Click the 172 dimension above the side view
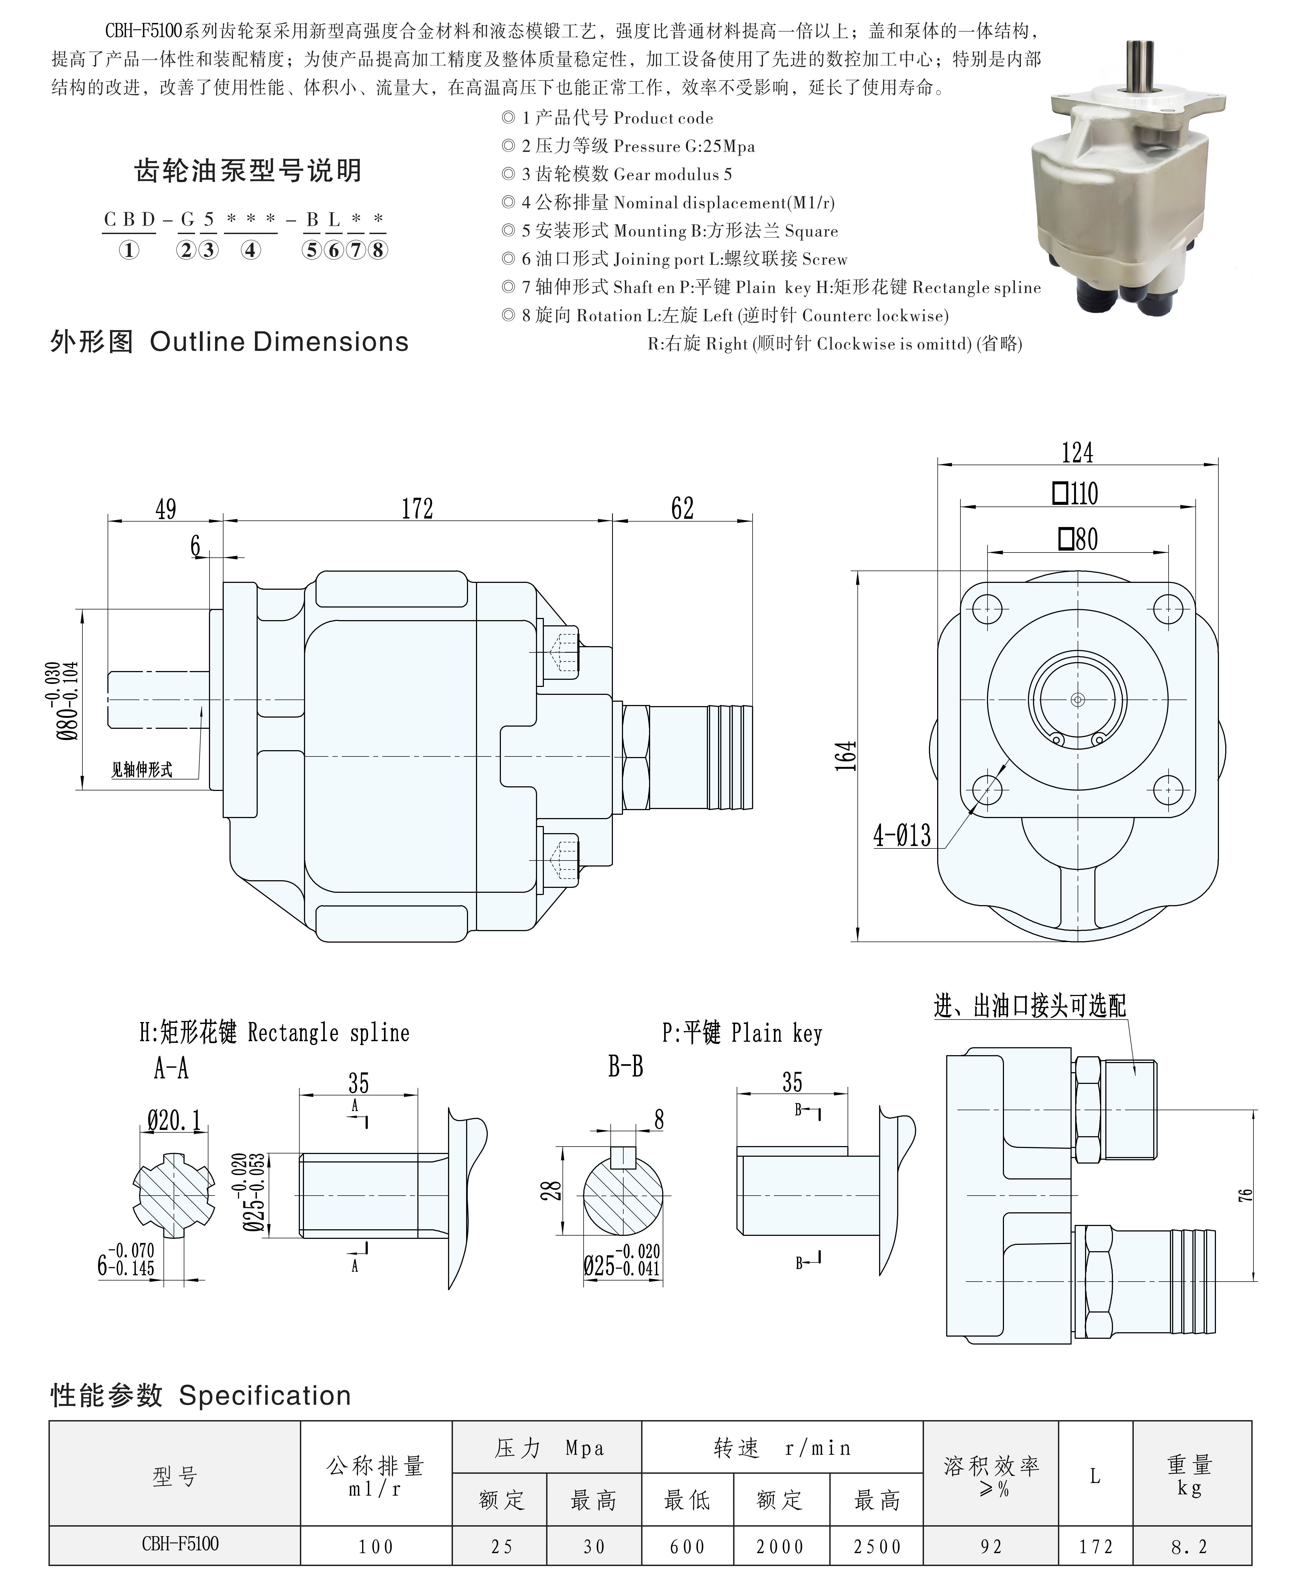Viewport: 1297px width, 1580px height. tap(417, 509)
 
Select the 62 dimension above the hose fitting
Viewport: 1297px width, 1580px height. tap(682, 509)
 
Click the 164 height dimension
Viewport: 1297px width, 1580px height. tap(846, 756)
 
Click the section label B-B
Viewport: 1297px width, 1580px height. tap(625, 1067)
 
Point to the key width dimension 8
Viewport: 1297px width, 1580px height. tap(658, 1119)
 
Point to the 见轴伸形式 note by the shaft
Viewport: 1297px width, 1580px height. tap(142, 769)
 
